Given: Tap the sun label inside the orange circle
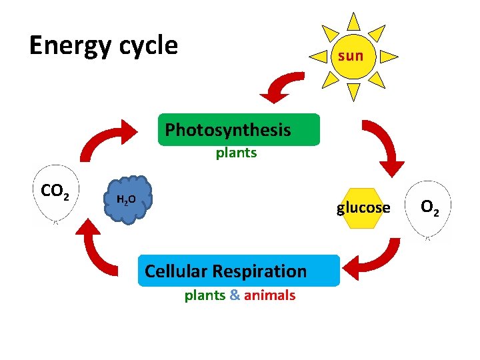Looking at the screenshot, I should [x=351, y=55].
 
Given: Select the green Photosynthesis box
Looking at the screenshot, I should [x=239, y=129].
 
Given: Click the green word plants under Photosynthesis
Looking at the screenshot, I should [x=236, y=153].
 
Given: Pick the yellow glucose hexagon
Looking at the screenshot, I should [x=363, y=208].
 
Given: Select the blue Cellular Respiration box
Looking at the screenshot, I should [x=239, y=271].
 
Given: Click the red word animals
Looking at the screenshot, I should [x=269, y=295].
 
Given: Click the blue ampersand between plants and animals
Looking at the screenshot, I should [x=235, y=295].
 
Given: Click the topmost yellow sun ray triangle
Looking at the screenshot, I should [x=354, y=21].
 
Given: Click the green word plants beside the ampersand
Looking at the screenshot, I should [x=205, y=295].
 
